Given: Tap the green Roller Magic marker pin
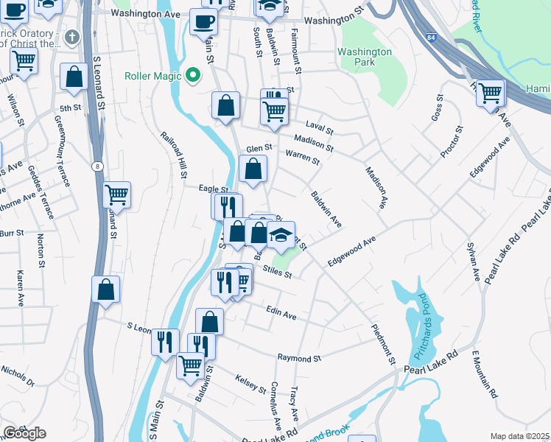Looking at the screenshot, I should click(193, 75).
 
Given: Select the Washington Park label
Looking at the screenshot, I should click(365, 57).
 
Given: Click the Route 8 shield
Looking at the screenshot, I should click(97, 166).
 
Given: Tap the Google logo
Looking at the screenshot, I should click(24, 432).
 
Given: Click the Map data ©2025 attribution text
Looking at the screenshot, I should click(519, 436).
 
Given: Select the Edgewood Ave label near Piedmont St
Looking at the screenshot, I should click(352, 250).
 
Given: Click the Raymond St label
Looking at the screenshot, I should click(300, 359).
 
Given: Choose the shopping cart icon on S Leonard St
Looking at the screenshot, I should click(117, 195).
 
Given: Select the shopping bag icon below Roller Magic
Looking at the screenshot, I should click(225, 105).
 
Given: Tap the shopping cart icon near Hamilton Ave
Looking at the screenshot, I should click(490, 94).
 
